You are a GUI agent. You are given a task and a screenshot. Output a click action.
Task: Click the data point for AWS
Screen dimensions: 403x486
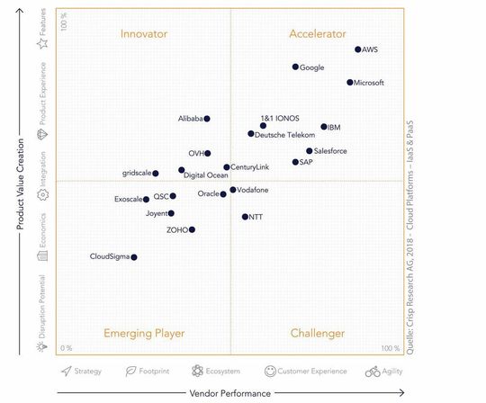coord(358,49)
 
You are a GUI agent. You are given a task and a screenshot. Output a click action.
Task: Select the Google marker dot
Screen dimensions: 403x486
coord(295,67)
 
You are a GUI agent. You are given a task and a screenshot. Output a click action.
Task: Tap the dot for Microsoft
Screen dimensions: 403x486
coord(350,83)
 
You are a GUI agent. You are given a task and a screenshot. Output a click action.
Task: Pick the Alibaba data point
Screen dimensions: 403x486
coord(207,119)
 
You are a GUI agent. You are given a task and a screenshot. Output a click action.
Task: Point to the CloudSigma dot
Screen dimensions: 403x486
coord(134,257)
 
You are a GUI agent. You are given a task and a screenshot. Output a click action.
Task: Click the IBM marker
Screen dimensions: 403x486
coord(324,128)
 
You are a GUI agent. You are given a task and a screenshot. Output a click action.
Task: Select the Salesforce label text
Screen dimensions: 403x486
coord(330,151)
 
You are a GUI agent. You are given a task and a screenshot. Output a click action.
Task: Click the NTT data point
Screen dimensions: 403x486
coord(245,217)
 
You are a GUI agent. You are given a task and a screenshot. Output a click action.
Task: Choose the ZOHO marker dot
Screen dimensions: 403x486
coord(192,229)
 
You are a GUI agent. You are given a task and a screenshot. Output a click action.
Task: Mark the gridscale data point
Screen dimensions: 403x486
coord(156,174)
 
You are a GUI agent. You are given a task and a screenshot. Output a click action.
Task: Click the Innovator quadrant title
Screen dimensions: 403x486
coord(144,34)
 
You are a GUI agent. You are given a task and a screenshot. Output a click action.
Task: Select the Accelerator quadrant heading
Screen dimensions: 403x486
coord(318,34)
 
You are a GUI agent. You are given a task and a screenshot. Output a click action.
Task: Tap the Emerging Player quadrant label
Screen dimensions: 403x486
coord(144,334)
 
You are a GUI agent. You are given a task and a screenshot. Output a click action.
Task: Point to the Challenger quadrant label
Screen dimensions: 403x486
coord(318,334)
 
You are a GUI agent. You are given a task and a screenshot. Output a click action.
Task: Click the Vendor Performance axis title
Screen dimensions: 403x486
coord(229,393)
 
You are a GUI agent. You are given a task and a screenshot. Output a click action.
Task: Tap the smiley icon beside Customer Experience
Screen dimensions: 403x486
coord(270,371)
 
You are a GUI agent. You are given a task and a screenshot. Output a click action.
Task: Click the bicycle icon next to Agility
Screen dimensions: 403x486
coord(372,371)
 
